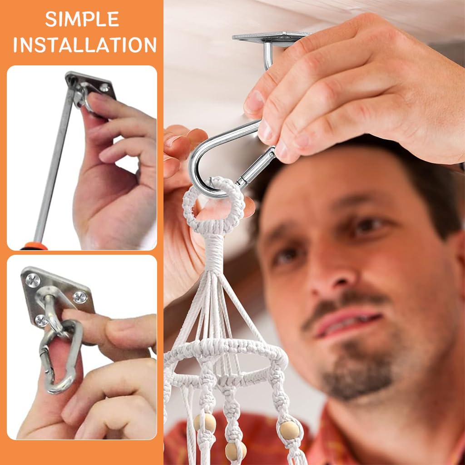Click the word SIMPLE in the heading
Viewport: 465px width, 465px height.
[82, 20]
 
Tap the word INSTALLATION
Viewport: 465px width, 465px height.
[84, 45]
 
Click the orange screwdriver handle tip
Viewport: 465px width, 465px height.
[34, 247]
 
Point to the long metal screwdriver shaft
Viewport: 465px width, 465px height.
[54, 166]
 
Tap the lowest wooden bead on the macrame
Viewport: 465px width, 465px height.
[235, 451]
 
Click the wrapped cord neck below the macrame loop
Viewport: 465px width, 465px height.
[213, 252]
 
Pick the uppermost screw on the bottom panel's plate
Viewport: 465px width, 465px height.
[33, 280]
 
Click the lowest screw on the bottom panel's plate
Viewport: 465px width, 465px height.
[41, 321]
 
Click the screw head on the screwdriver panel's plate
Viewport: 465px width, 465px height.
[104, 87]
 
